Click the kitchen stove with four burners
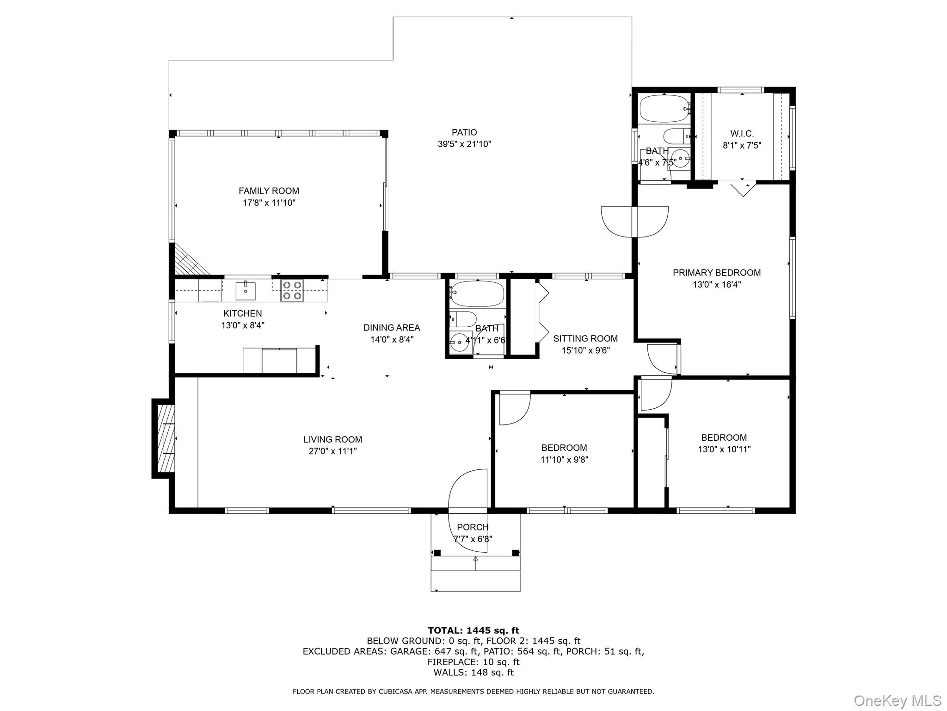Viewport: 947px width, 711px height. [x=292, y=291]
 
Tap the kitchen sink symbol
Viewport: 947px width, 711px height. [x=246, y=291]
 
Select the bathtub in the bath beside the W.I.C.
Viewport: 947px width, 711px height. [x=664, y=108]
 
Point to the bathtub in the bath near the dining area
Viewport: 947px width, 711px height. [x=477, y=293]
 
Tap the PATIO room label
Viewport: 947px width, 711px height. [x=464, y=133]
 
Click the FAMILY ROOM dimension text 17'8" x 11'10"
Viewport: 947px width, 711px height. [x=269, y=203]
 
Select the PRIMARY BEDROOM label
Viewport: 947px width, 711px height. [x=716, y=273]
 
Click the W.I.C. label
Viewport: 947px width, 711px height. [x=742, y=134]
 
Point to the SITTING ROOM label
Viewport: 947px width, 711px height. [x=585, y=338]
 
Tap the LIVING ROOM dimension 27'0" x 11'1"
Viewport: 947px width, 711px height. [x=332, y=451]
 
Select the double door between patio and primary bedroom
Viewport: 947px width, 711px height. [x=634, y=222]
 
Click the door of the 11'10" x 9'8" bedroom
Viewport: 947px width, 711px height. [x=514, y=407]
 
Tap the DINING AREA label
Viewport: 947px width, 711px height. [x=392, y=328]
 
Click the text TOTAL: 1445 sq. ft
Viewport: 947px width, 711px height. [x=473, y=630]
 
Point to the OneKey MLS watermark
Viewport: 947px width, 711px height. [x=897, y=700]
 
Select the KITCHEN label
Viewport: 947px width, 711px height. [x=242, y=313]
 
